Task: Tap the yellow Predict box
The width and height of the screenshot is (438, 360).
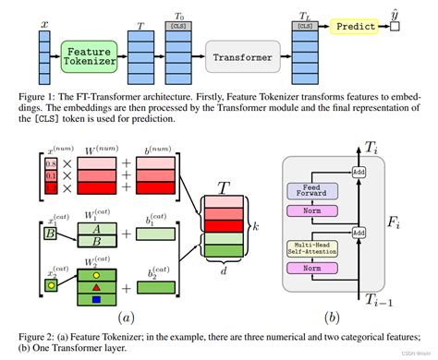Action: (356, 26)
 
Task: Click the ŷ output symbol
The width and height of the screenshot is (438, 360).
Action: (395, 15)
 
